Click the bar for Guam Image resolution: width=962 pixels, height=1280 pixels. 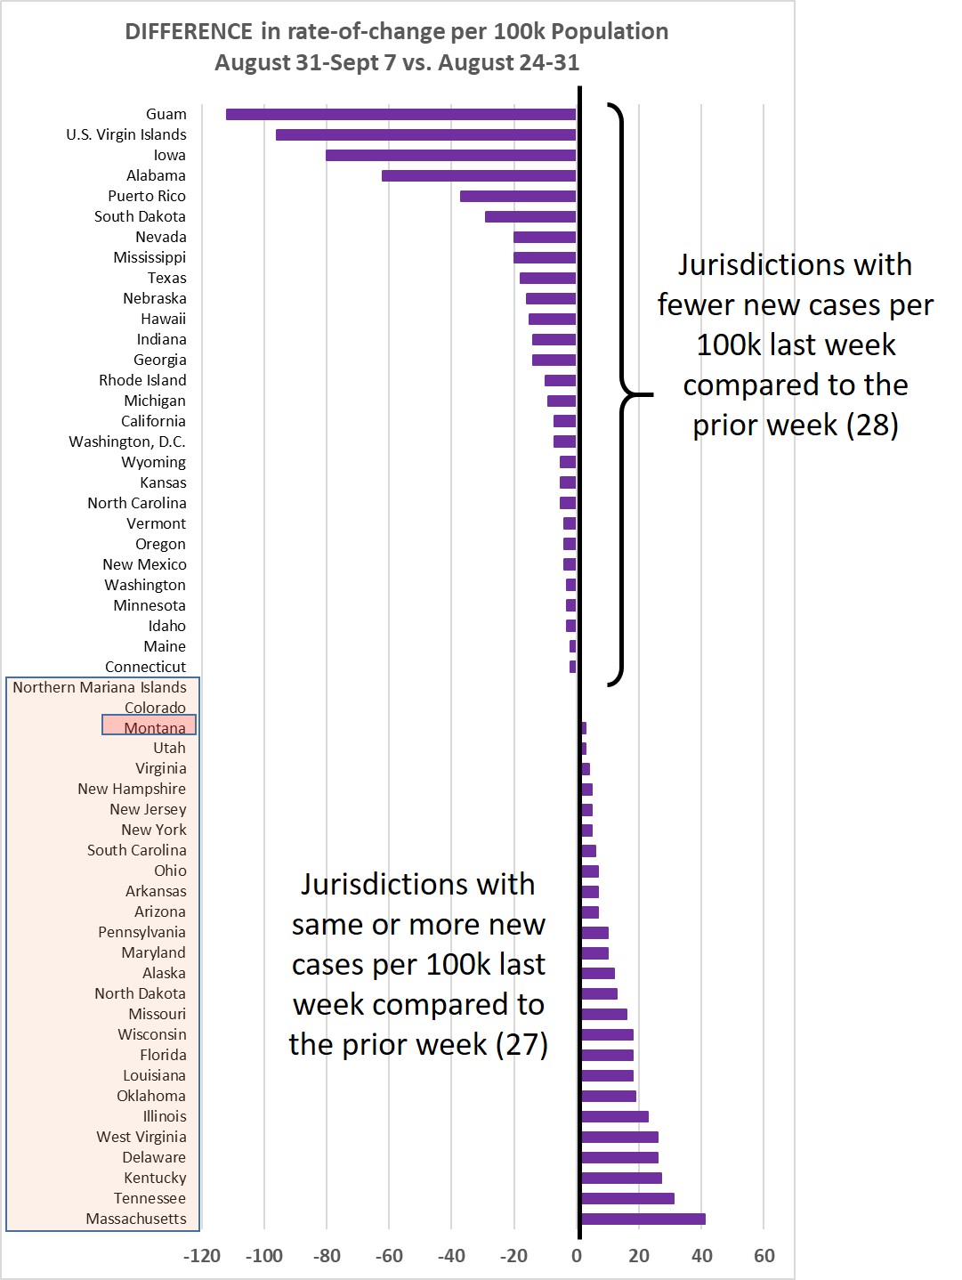(x=401, y=114)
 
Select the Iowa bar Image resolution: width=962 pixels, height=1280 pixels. (x=450, y=155)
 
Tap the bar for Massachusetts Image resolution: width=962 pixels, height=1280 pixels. (x=643, y=1219)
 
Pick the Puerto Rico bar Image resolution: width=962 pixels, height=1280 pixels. (x=518, y=196)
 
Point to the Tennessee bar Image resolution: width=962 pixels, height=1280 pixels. (x=628, y=1198)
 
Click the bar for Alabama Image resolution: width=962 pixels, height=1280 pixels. (x=479, y=175)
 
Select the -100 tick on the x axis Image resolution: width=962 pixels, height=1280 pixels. (x=264, y=1255)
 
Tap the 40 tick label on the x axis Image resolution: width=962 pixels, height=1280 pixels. (x=701, y=1255)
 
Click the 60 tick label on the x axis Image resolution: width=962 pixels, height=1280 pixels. (x=764, y=1255)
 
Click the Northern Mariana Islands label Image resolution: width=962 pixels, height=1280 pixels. (x=100, y=687)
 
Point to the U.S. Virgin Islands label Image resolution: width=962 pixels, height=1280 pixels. (x=126, y=134)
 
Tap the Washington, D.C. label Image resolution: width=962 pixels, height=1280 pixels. (x=127, y=442)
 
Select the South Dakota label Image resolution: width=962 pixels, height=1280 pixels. (x=140, y=216)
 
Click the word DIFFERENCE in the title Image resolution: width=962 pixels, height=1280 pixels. (x=189, y=31)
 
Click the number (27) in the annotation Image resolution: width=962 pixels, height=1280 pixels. (x=521, y=1044)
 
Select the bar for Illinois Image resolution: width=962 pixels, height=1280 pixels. (x=615, y=1117)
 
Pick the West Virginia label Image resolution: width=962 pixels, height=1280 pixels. (x=141, y=1137)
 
